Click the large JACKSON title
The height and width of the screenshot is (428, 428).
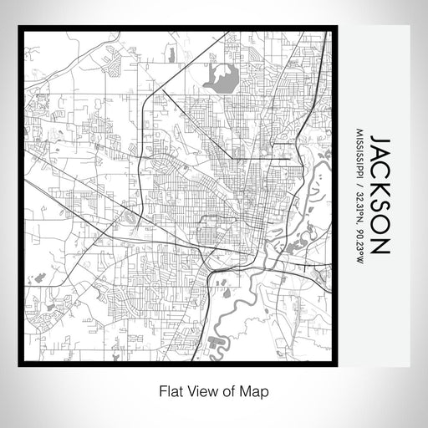pyautogui.click(x=380, y=194)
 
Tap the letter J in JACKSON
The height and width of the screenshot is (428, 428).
pyautogui.click(x=379, y=139)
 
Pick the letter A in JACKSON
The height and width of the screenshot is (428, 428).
pyautogui.click(x=380, y=154)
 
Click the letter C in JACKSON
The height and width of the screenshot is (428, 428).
pyautogui.click(x=380, y=171)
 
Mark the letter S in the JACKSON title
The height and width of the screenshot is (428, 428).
pyautogui.click(x=380, y=209)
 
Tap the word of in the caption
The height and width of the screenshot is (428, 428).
pyautogui.click(x=231, y=390)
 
